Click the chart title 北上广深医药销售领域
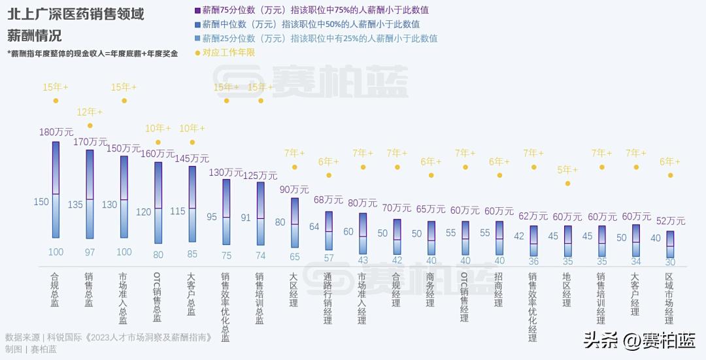click(76, 14)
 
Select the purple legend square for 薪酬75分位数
click(197, 10)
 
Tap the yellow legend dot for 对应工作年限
click(197, 53)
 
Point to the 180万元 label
click(56, 132)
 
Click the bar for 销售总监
click(90, 194)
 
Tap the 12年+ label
click(90, 112)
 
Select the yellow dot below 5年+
click(567, 184)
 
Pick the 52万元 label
click(670, 221)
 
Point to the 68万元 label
click(329, 200)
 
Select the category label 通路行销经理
click(328, 298)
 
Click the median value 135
click(75, 205)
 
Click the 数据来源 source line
click(110, 338)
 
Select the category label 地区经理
click(567, 289)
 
